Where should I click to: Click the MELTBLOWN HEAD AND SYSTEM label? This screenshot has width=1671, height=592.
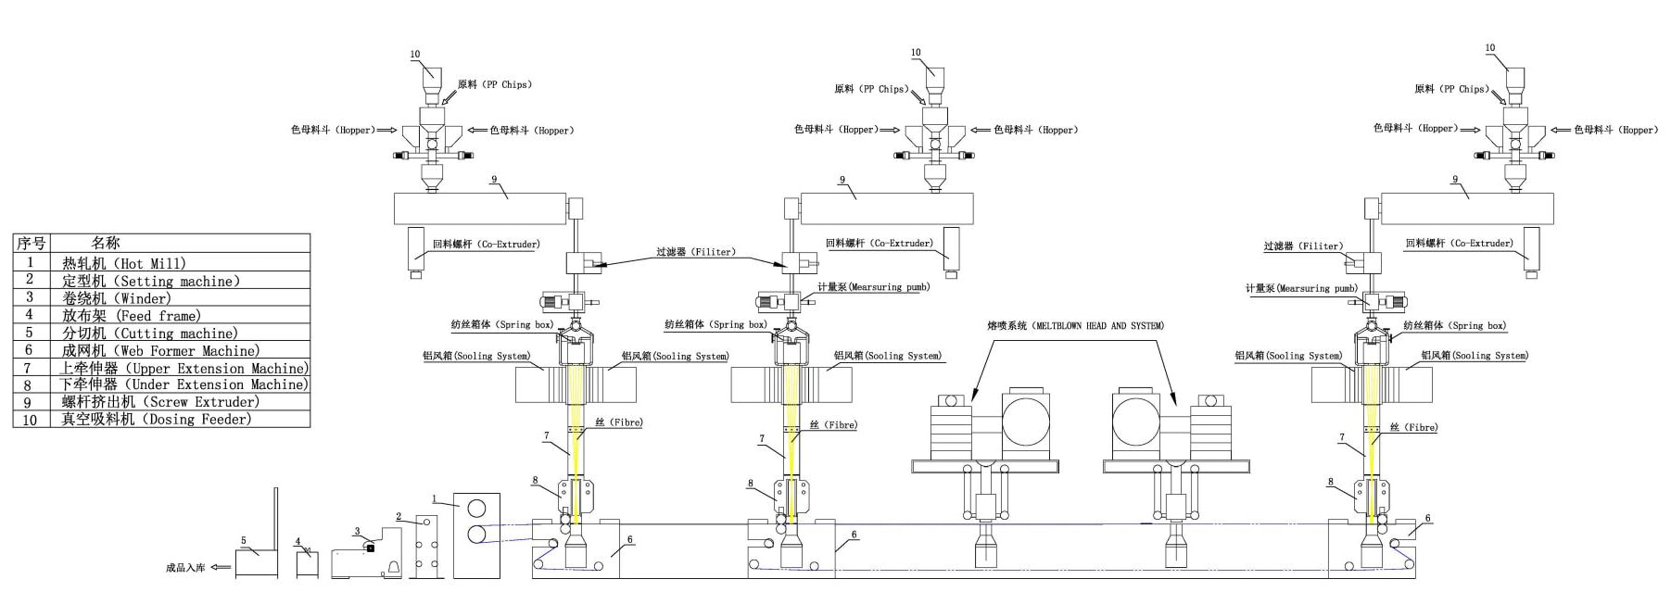click(1075, 326)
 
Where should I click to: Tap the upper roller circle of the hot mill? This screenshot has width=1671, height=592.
click(476, 509)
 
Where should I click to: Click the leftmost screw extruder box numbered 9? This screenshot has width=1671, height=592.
click(480, 208)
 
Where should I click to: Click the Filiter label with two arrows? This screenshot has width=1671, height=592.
click(695, 252)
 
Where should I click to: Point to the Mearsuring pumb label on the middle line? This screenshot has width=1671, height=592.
click(874, 287)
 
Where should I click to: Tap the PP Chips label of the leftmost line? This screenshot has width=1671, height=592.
click(494, 84)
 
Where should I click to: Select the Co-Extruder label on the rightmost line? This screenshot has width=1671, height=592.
click(1459, 244)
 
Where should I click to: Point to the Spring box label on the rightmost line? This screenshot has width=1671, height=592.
click(1454, 325)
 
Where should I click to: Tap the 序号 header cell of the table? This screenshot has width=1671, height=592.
click(31, 244)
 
